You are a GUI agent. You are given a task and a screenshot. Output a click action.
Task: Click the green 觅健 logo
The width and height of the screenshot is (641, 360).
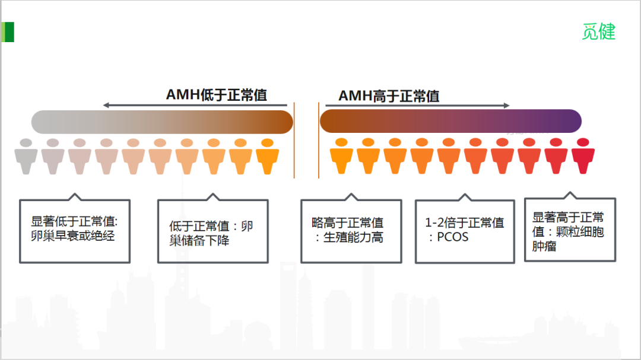(598, 31)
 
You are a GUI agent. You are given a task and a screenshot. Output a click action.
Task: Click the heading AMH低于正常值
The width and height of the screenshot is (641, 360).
(216, 95)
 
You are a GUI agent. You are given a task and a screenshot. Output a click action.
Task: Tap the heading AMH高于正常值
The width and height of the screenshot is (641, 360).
(389, 95)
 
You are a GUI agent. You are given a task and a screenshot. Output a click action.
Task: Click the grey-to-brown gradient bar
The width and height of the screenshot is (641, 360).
(162, 122)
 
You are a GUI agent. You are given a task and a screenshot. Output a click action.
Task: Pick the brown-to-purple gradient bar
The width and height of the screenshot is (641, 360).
(450, 121)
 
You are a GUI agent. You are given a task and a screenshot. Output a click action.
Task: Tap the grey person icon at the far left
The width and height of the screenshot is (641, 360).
(26, 157)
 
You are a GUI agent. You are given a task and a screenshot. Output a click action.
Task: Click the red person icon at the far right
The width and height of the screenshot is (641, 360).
(583, 157)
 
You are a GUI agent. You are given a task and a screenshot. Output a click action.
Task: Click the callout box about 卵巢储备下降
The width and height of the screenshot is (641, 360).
(212, 232)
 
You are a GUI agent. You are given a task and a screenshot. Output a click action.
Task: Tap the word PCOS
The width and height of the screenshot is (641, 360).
(452, 237)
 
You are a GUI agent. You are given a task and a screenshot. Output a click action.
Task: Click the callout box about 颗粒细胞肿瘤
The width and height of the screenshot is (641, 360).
(570, 231)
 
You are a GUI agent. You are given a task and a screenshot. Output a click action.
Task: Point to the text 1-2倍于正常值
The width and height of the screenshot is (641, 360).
(464, 223)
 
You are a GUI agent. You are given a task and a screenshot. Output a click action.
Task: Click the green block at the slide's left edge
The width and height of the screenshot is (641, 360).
(8, 32)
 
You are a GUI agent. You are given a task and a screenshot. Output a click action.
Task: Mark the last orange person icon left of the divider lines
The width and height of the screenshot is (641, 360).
(267, 157)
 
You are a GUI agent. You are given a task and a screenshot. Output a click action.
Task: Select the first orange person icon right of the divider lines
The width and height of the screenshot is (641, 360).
(341, 157)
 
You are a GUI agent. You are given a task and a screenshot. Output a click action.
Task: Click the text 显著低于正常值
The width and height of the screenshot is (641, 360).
(75, 221)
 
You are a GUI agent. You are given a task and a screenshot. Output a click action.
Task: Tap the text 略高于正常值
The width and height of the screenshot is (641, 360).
(348, 223)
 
